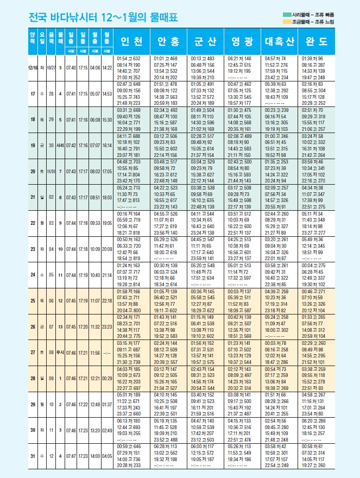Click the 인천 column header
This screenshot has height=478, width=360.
click(132, 42)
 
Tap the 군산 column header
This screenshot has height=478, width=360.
click(204, 42)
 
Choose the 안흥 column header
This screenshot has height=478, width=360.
click(168, 42)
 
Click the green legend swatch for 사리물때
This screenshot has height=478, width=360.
click(286, 14)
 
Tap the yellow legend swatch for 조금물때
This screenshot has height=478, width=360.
click(286, 21)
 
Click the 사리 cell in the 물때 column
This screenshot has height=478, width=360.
click(60, 146)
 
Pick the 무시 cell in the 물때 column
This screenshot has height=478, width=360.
click(60, 354)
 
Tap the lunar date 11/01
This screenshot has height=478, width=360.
click(50, 172)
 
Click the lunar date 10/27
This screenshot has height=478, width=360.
click(50, 68)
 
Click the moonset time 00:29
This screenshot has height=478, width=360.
click(108, 380)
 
